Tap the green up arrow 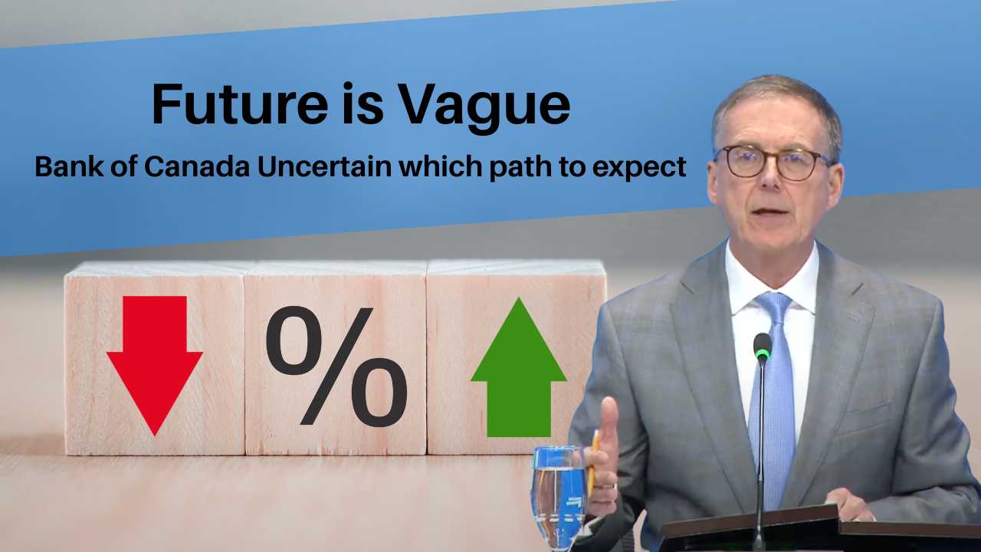(x=519, y=367)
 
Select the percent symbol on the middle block (x=336, y=365)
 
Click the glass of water (x=558, y=495)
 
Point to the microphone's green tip (x=762, y=347)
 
